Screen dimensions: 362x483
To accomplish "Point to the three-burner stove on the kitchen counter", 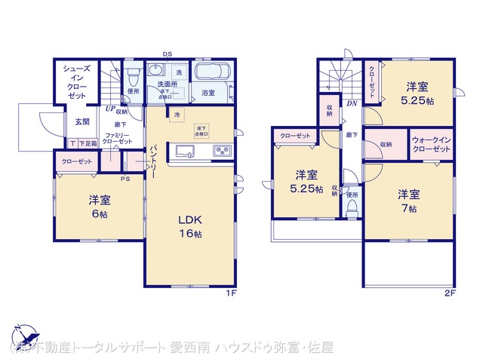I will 222,150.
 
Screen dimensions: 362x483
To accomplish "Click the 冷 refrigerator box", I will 176,115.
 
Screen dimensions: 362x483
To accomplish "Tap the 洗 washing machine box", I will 179,71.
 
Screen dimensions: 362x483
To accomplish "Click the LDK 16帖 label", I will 189,226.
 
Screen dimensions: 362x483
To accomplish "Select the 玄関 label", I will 82,121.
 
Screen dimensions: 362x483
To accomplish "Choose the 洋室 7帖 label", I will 408,201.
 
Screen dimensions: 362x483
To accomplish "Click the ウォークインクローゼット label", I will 432,144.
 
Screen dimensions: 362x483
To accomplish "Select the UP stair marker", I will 109,108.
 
